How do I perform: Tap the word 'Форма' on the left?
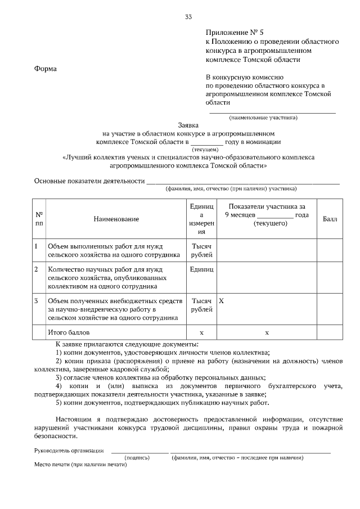click(x=46, y=69)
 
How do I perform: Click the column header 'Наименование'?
click(x=116, y=219)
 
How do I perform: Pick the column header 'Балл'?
click(x=330, y=219)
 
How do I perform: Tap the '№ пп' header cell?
click(x=39, y=219)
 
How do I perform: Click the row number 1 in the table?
click(x=36, y=246)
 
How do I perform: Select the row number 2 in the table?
click(x=36, y=269)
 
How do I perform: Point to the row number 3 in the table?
click(x=36, y=301)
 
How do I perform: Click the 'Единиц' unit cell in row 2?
click(x=202, y=269)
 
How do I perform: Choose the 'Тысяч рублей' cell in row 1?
click(x=202, y=250)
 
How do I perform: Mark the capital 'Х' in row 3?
click(x=221, y=301)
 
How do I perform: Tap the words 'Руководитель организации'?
click(x=69, y=450)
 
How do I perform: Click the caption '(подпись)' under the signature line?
click(x=137, y=458)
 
